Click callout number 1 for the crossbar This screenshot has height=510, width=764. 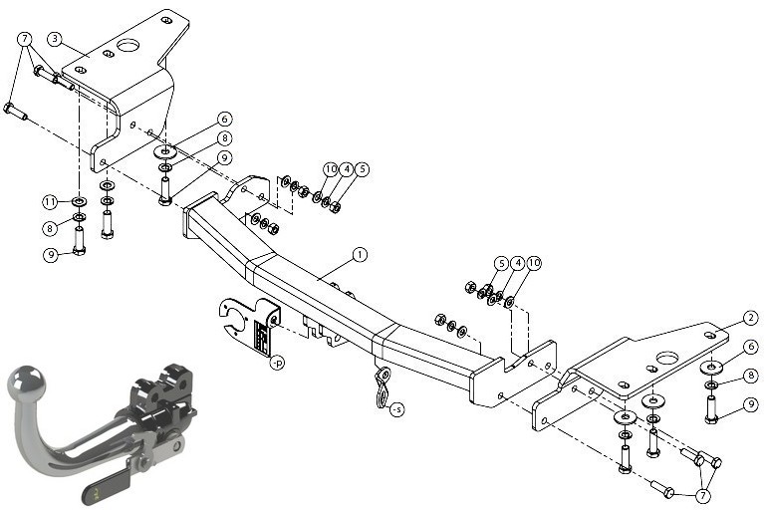point(360,255)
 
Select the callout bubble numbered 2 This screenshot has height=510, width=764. point(751,318)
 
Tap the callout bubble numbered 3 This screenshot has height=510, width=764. point(55,39)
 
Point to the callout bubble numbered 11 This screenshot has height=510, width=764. point(50,201)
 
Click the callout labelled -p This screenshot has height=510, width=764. point(277,363)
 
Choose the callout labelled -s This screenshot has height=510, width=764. point(397,410)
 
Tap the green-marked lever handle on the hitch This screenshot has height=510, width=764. point(108,488)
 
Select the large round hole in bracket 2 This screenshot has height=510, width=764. point(667,358)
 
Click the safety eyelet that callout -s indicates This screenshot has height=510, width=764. point(382,387)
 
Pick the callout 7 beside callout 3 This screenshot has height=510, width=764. point(24,39)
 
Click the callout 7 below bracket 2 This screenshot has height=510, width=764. point(702,496)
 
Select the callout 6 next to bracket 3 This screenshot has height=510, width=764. point(225,119)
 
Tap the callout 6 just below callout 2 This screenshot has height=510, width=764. point(751,347)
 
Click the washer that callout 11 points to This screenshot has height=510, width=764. point(79,200)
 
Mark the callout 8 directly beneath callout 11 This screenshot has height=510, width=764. point(50,228)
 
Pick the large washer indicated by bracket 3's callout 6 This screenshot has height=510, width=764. point(165,151)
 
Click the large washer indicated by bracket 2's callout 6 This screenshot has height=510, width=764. point(712,367)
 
